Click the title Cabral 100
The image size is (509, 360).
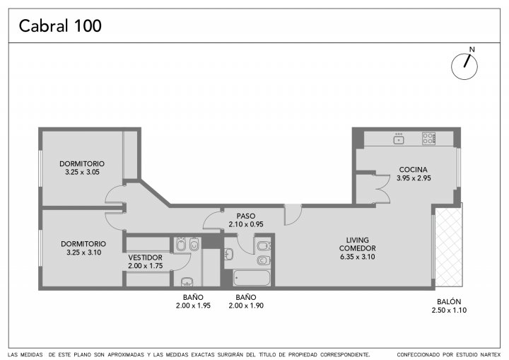click(x=60, y=25)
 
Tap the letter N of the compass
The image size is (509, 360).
click(x=472, y=50)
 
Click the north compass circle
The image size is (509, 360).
click(x=464, y=66)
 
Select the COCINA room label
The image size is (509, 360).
click(x=413, y=169)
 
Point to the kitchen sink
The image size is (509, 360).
click(x=399, y=139)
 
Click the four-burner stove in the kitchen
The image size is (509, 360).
click(x=428, y=139)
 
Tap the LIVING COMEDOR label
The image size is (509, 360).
click(x=358, y=244)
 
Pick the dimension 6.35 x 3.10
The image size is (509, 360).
click(x=358, y=257)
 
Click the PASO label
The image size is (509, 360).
click(x=246, y=216)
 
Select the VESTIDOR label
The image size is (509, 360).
click(x=145, y=257)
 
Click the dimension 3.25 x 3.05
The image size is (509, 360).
click(x=82, y=172)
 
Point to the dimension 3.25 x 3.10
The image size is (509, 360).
click(x=83, y=252)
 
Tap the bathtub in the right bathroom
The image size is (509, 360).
click(x=252, y=278)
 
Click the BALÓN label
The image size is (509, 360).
click(x=449, y=301)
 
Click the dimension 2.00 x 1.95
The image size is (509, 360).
click(x=193, y=306)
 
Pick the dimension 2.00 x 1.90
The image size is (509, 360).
click(x=246, y=306)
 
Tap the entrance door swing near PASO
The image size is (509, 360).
click(x=293, y=215)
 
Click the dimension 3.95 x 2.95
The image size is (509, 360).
click(x=414, y=178)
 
